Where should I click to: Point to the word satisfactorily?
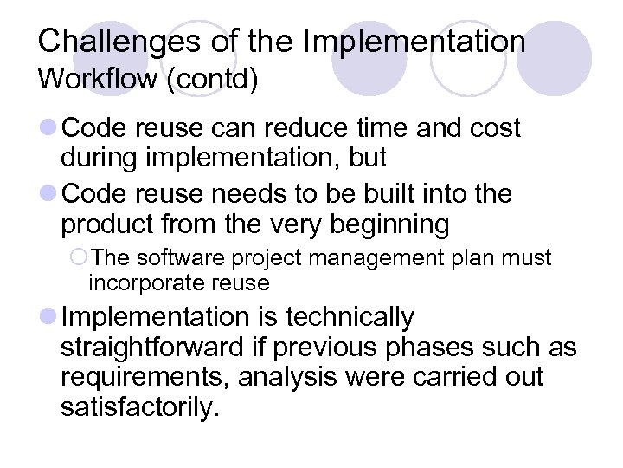(135, 407)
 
